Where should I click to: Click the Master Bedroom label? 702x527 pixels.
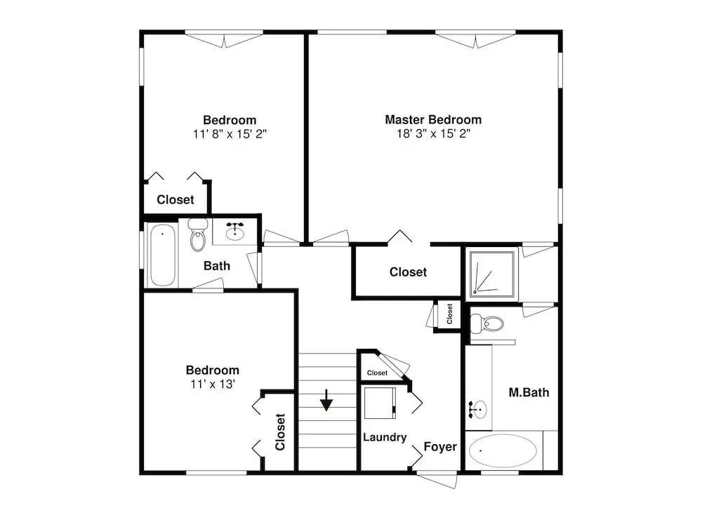click(x=433, y=119)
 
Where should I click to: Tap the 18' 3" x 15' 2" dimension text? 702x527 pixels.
click(x=433, y=134)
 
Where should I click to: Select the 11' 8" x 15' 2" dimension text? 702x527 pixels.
click(x=230, y=134)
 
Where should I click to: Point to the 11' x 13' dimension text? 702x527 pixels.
click(x=213, y=385)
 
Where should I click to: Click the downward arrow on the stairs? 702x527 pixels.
click(x=327, y=400)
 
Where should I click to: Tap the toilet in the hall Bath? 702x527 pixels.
click(x=197, y=234)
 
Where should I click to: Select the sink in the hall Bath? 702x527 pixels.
click(x=234, y=232)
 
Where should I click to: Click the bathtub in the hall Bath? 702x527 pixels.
click(x=163, y=255)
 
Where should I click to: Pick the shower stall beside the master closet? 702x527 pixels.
click(x=492, y=274)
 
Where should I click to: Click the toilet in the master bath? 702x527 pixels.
click(x=486, y=323)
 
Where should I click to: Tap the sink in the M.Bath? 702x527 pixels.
click(x=479, y=409)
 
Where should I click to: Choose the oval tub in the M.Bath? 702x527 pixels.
click(x=503, y=451)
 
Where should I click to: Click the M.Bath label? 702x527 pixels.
click(x=529, y=392)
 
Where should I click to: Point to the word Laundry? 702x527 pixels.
click(x=385, y=437)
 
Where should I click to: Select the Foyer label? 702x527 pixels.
click(x=440, y=446)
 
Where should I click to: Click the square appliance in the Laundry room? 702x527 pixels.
click(x=380, y=403)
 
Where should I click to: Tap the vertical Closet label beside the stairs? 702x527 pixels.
click(x=280, y=432)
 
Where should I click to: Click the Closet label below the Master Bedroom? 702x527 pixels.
click(x=408, y=272)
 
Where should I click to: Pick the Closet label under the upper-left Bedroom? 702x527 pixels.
click(x=175, y=199)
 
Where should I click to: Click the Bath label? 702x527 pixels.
click(x=217, y=266)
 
